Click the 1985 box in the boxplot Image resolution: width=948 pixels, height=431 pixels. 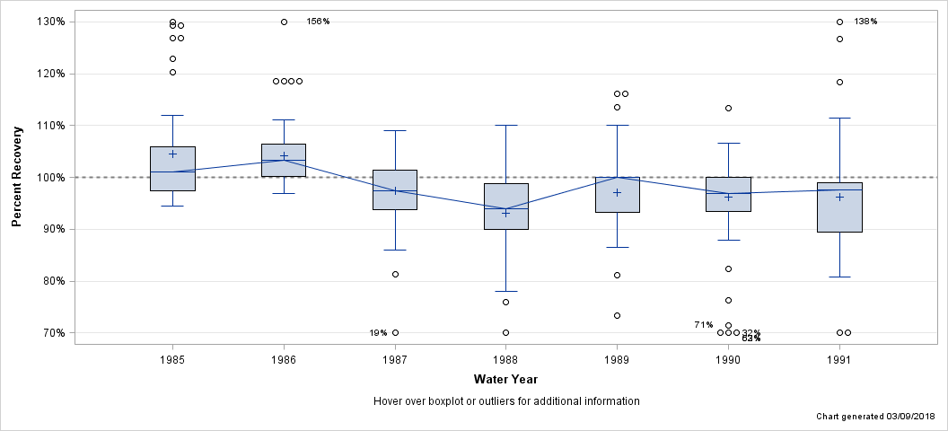(x=172, y=168)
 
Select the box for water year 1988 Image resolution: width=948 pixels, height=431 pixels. (x=505, y=206)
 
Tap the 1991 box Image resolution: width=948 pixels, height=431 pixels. (x=839, y=207)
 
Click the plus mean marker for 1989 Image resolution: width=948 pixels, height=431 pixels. (x=617, y=192)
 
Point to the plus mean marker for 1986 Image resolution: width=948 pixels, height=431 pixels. (x=284, y=155)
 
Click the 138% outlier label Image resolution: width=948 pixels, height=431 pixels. (x=865, y=21)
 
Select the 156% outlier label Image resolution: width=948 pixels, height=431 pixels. (x=318, y=21)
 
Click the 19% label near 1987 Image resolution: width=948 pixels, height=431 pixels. (x=378, y=333)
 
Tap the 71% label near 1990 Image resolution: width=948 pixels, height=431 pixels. (x=703, y=324)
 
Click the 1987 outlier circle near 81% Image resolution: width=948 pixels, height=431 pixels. (x=395, y=274)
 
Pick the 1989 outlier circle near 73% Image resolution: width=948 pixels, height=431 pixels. (x=617, y=315)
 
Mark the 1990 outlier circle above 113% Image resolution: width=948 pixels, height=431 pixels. (x=728, y=108)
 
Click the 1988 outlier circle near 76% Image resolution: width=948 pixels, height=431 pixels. (x=505, y=302)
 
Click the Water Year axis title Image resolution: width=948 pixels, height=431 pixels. (x=505, y=379)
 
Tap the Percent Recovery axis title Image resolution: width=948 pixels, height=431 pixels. (x=17, y=177)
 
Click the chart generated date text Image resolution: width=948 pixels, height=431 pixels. (x=874, y=418)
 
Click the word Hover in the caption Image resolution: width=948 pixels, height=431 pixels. (x=389, y=400)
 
